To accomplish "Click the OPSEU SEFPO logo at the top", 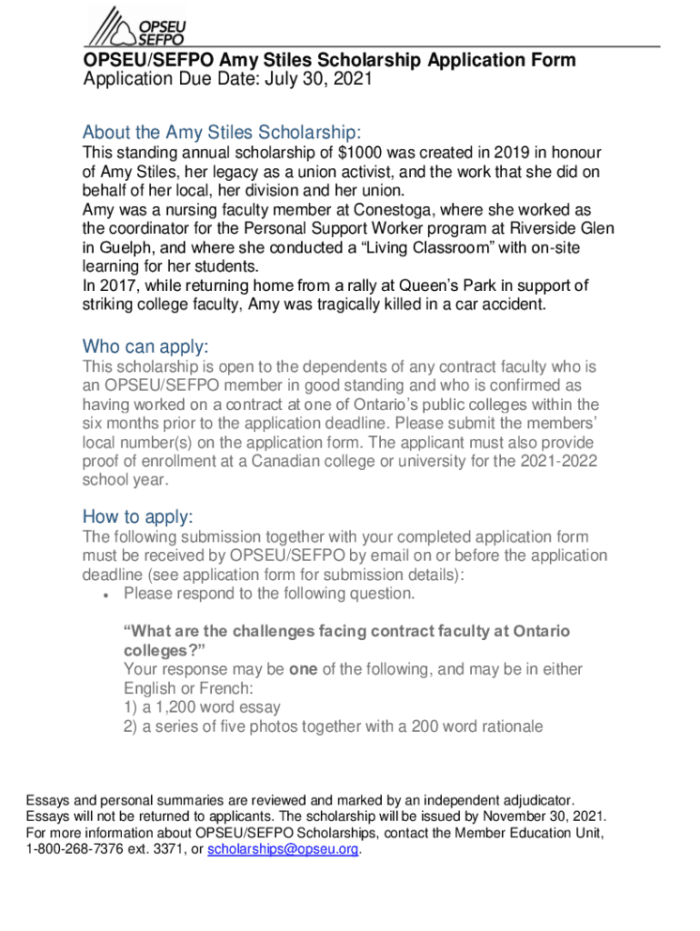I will [136, 25].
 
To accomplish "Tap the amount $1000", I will [359, 153].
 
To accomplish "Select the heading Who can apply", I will [145, 346].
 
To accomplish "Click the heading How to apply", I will [137, 516].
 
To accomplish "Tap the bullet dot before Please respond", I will [107, 595].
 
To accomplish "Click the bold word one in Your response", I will [303, 669].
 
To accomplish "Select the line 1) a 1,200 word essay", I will [202, 706].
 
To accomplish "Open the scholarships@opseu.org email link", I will [284, 850].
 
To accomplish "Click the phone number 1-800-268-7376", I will [72, 850].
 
